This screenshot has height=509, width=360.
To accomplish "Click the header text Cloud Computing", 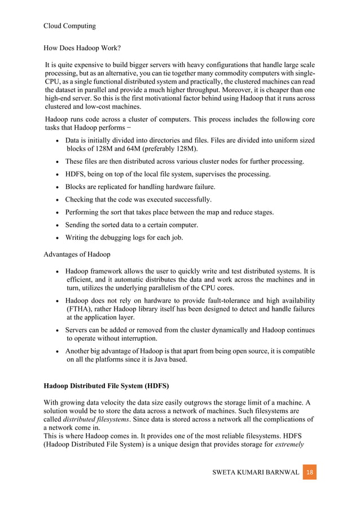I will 69,26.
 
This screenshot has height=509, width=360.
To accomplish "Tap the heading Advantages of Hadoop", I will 77,254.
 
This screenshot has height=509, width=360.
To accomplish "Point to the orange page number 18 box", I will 310,471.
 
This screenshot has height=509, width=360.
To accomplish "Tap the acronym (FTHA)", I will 81,309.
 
